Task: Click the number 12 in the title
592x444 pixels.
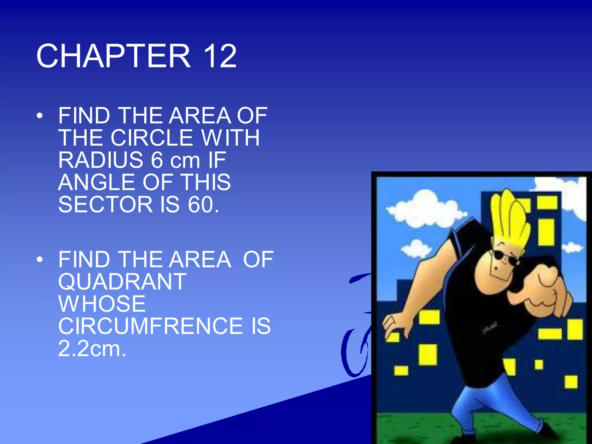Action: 220,56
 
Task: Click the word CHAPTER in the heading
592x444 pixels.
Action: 114,56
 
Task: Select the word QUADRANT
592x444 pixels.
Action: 122,282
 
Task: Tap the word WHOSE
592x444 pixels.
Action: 102,304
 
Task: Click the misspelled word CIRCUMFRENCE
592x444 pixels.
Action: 151,326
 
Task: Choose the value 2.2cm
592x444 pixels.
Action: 92,349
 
